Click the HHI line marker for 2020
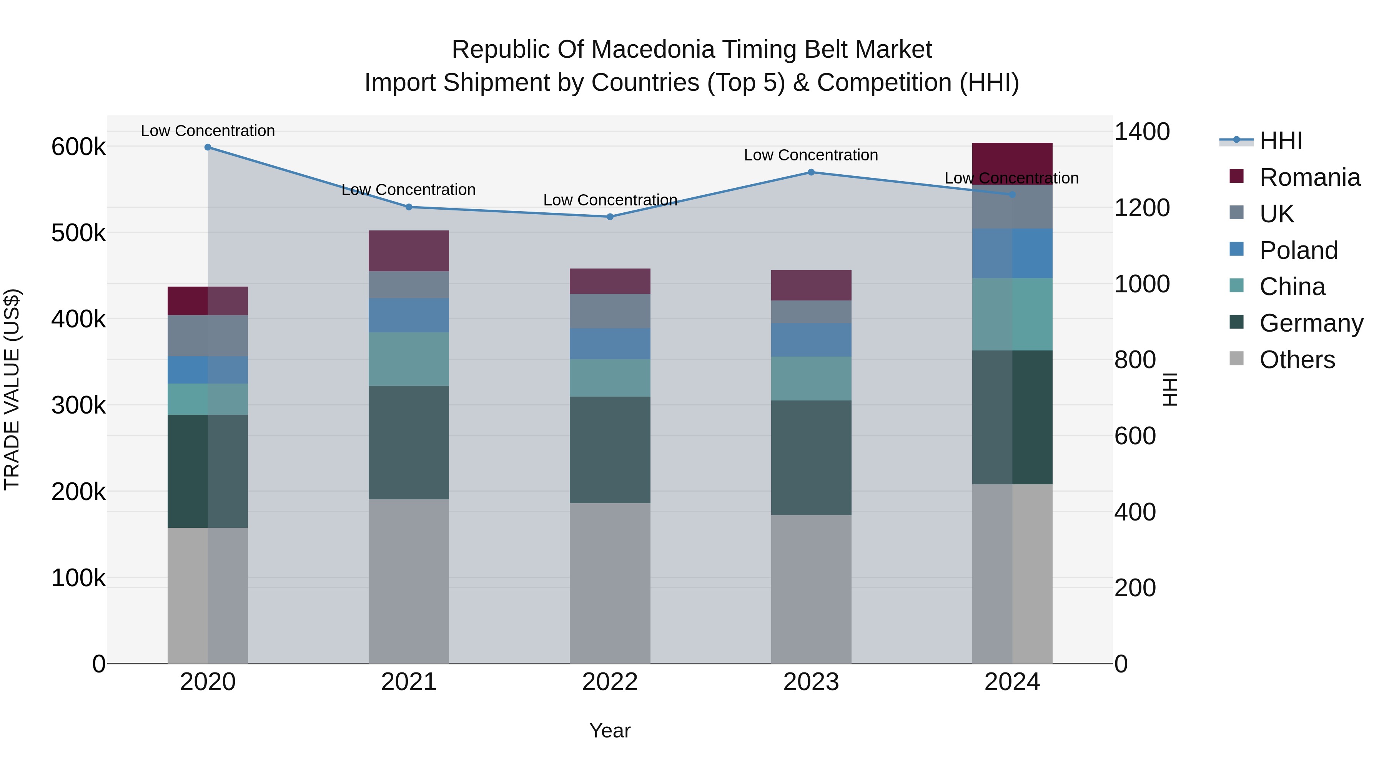208,147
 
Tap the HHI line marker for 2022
610,217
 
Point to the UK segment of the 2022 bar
610,311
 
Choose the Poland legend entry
1298,250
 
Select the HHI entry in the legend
1280,141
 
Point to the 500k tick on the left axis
78,234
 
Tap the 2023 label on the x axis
811,682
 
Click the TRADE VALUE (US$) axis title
12,389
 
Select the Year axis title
610,731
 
